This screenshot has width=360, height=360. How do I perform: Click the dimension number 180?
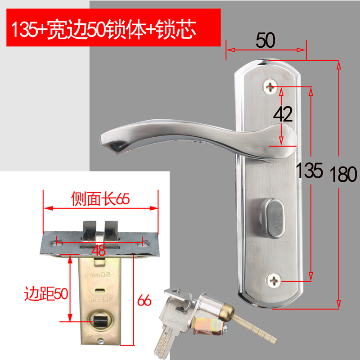tap(343, 174)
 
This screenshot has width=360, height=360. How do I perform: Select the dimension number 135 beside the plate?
tap(309, 170)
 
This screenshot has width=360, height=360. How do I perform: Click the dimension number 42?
tap(283, 115)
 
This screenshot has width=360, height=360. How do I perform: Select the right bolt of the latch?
tap(112, 229)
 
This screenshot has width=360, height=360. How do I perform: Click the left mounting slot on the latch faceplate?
tap(57, 243)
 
